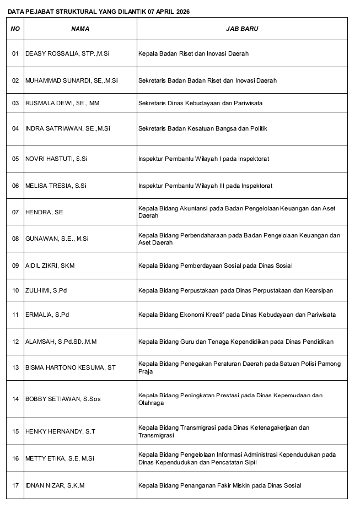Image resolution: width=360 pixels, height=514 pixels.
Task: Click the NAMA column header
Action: point(80,29)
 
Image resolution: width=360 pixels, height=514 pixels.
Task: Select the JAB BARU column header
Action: point(241,29)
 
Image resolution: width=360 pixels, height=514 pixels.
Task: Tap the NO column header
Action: point(15,29)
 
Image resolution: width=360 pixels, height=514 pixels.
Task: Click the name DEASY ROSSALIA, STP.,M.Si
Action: point(67,53)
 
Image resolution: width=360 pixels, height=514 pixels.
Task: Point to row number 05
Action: point(15,159)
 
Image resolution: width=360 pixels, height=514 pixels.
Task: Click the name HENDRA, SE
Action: point(44,212)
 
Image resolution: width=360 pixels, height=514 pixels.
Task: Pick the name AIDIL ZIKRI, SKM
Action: point(50,266)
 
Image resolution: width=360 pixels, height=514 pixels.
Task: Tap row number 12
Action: point(15,342)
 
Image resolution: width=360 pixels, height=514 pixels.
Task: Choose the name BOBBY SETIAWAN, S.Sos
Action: point(63,399)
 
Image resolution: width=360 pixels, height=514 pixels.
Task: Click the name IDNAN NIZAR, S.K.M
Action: point(55,485)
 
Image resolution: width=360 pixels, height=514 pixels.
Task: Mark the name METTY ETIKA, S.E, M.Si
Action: point(60,458)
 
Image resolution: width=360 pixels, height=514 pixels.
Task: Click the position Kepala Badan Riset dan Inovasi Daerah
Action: point(194,53)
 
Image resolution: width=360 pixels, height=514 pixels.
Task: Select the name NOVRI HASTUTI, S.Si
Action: point(56,159)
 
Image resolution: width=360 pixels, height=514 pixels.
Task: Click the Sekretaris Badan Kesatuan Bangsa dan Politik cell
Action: point(202,128)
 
